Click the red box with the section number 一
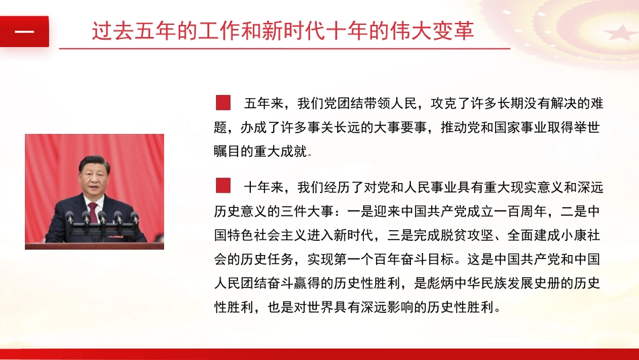[x=24, y=32]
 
